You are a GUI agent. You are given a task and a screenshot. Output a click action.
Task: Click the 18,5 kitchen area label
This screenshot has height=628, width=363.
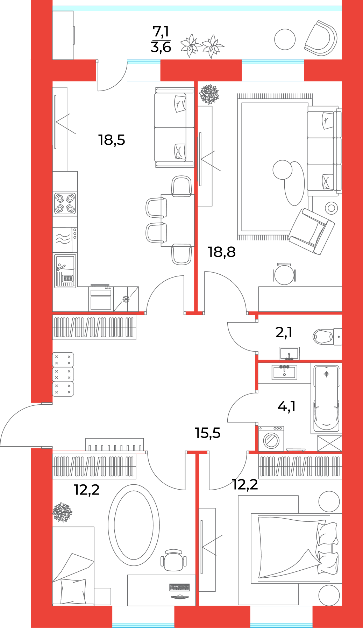tap(112, 140)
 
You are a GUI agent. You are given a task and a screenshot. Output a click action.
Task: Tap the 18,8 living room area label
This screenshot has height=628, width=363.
tap(222, 252)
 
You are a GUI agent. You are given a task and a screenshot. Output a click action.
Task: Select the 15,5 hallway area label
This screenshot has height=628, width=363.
tap(208, 433)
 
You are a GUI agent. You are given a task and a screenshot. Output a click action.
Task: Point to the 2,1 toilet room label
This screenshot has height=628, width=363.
tap(284, 332)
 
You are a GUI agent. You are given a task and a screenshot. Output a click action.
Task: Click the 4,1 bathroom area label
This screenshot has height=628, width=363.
tap(287, 406)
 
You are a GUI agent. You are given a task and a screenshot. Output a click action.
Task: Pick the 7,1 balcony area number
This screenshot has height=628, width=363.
tap(161, 32)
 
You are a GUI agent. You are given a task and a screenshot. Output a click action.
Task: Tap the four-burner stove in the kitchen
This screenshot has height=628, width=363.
tap(65, 203)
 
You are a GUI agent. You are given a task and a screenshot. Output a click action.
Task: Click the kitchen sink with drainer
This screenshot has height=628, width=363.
tap(65, 271)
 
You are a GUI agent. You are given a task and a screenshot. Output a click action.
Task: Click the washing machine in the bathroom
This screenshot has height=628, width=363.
tap(271, 439)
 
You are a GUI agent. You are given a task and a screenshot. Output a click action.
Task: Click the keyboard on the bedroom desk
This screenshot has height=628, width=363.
tap(179, 587)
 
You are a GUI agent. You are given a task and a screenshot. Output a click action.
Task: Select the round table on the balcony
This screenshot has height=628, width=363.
tap(285, 39)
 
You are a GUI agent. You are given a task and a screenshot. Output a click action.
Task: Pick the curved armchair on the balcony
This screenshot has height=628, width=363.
tap(321, 38)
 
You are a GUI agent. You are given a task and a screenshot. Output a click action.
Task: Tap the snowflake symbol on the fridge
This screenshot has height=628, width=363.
tap(126, 299)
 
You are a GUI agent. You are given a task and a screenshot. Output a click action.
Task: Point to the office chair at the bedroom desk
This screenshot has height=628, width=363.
tap(173, 560)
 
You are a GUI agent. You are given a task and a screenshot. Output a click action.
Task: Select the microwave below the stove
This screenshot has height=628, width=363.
tap(65, 239)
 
